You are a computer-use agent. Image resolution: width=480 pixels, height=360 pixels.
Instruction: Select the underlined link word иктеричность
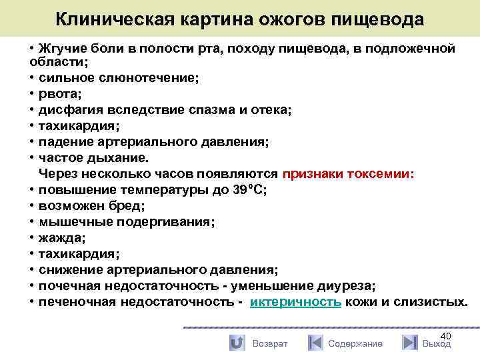[x=296, y=302]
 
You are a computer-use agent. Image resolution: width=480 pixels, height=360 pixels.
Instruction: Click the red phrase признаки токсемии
[x=347, y=174]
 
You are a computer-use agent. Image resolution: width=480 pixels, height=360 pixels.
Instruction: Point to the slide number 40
[x=446, y=336]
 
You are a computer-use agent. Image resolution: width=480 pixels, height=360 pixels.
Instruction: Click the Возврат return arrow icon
[x=237, y=343]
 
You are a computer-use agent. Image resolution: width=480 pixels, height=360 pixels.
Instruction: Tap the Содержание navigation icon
[x=315, y=343]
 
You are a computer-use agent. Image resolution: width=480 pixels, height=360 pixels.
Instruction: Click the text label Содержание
[x=355, y=343]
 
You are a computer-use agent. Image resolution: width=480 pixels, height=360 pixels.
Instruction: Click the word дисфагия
[x=70, y=110]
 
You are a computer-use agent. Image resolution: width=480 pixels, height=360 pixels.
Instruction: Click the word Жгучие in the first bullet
[x=63, y=49]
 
